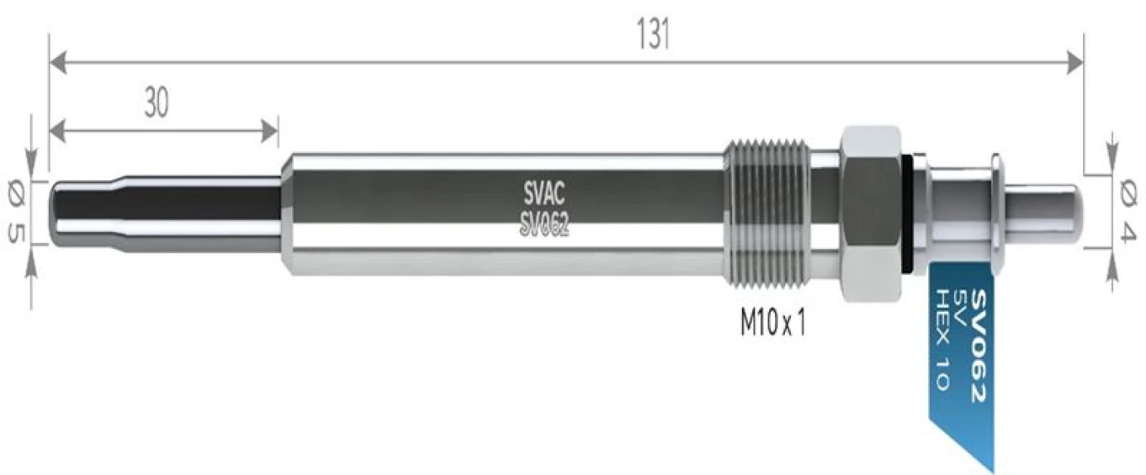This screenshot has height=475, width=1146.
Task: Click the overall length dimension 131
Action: click(x=653, y=34)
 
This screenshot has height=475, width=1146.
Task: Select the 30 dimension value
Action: click(x=156, y=103)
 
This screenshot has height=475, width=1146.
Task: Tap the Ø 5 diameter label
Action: click(x=17, y=214)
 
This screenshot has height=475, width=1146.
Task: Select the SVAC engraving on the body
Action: click(x=544, y=194)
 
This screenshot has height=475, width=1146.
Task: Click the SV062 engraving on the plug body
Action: click(x=544, y=225)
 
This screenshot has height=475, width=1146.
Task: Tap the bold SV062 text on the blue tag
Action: click(x=979, y=346)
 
